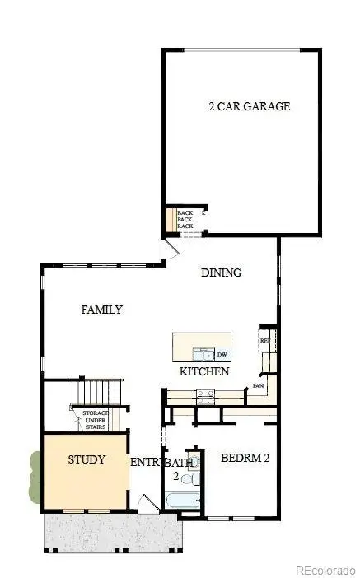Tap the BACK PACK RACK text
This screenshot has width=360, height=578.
pos(185,220)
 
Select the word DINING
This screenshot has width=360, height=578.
pos(221,273)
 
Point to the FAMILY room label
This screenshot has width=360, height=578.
pos(101,310)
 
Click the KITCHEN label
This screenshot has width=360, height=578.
pos(203,372)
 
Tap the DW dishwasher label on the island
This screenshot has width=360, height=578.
pos(222,355)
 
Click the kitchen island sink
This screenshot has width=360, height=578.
pos(203,355)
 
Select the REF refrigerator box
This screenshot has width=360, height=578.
pos(265,340)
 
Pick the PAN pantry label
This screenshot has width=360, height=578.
pos(258,385)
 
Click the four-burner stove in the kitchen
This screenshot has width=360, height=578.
pos(205,395)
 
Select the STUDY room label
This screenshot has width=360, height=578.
pos(86,459)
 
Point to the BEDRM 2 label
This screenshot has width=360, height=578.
pos(245,459)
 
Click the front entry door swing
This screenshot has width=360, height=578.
pos(148,505)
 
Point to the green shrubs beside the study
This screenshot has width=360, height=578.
pos(34,476)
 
